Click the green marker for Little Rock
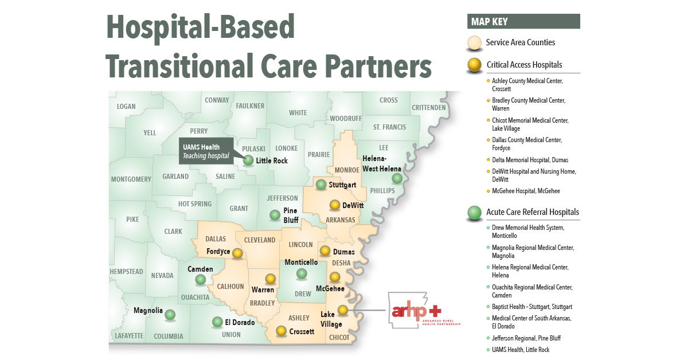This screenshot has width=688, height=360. tap(248, 161)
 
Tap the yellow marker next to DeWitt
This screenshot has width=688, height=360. tap(335, 205)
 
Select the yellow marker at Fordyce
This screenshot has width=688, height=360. tap(237, 252)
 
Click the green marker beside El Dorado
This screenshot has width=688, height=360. tap(217, 322)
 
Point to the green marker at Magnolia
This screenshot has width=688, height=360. tap(170, 314)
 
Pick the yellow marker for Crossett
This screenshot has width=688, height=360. tap(281, 331)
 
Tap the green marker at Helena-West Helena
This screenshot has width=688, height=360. tap(397, 178)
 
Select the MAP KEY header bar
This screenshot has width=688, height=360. tap(523, 22)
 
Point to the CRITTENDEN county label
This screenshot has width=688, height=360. tap(428, 107)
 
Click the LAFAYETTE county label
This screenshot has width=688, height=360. tap(128, 336)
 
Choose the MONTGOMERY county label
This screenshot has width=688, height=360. tap(131, 179)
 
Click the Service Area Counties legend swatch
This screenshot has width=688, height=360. tap(475, 43)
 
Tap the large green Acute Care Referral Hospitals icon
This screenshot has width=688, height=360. tap(474, 213)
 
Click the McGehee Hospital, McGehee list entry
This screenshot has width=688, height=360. tap(526, 191)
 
